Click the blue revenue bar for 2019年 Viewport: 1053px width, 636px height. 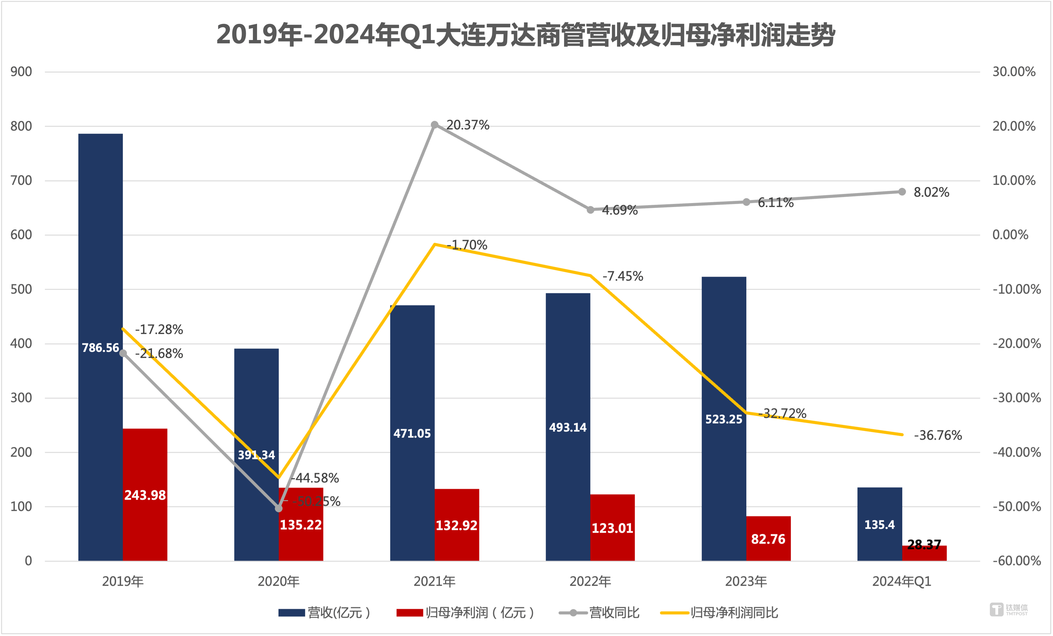[x=101, y=257]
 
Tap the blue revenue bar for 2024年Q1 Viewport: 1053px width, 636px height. [x=880, y=524]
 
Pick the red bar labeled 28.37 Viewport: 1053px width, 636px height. [x=924, y=553]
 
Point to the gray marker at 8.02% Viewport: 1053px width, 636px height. [x=902, y=191]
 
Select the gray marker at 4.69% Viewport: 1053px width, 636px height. [x=590, y=210]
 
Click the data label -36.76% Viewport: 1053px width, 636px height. [x=938, y=435]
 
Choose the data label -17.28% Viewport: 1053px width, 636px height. [x=159, y=329]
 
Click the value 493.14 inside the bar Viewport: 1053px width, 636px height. [x=568, y=427]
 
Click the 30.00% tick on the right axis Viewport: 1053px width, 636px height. [x=1014, y=72]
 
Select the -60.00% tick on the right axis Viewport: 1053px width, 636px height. [x=1016, y=561]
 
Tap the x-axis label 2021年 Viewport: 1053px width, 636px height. [x=434, y=581]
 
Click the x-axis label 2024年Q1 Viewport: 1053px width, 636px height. [x=901, y=581]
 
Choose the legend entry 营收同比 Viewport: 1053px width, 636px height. [x=599, y=612]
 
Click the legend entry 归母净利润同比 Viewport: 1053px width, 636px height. [x=719, y=612]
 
